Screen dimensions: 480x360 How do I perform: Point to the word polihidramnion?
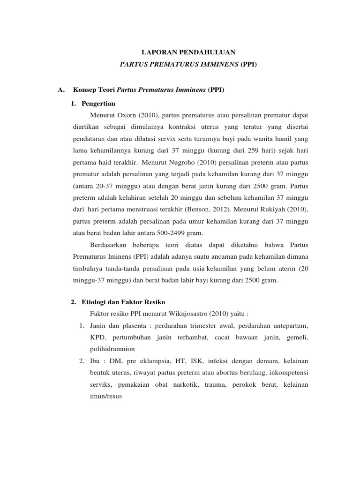coord(112,350)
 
